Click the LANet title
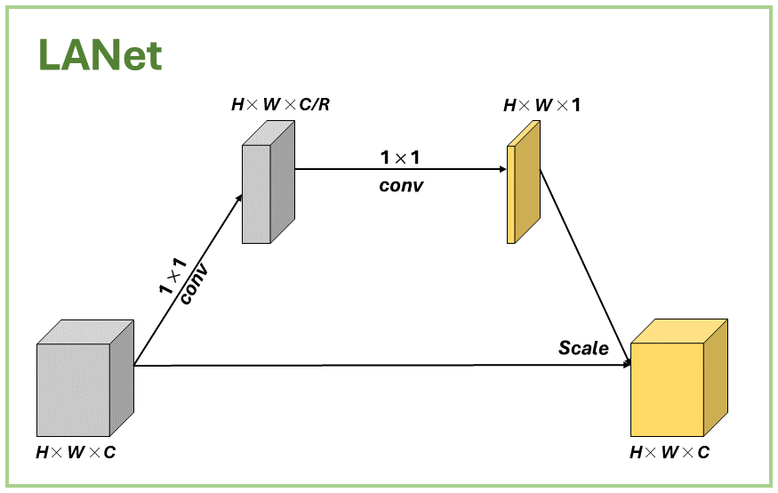100,55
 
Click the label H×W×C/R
280,104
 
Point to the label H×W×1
541,105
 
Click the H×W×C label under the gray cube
76,452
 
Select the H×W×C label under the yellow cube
670,452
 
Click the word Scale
583,348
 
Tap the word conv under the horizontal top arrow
401,186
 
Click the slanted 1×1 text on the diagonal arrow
172,276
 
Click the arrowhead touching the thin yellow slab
501,169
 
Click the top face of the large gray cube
84,332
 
